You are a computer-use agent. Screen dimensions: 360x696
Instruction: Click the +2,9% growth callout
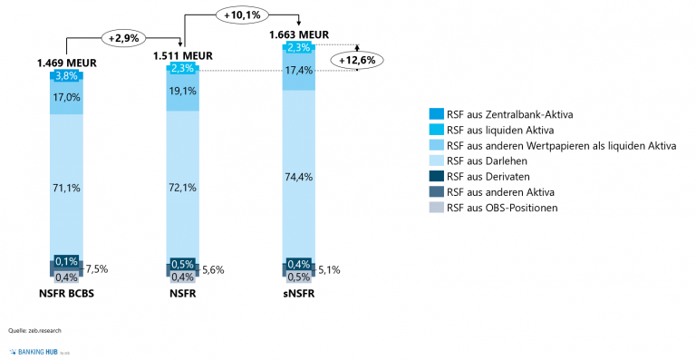click(x=124, y=39)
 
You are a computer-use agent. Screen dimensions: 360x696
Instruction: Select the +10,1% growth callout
click(x=240, y=14)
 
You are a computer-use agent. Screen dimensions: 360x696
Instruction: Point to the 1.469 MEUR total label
click(x=66, y=63)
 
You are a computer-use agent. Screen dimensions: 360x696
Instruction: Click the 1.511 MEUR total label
click(x=182, y=55)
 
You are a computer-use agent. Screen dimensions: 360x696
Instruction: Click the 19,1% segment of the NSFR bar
click(x=182, y=92)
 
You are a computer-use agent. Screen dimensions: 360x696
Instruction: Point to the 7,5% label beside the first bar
click(x=97, y=268)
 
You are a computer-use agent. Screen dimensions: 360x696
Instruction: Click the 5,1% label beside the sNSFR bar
click(x=329, y=268)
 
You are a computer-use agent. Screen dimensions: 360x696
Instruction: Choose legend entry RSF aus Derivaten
click(x=489, y=177)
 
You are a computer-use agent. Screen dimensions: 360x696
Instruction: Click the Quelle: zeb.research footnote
click(x=34, y=330)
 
